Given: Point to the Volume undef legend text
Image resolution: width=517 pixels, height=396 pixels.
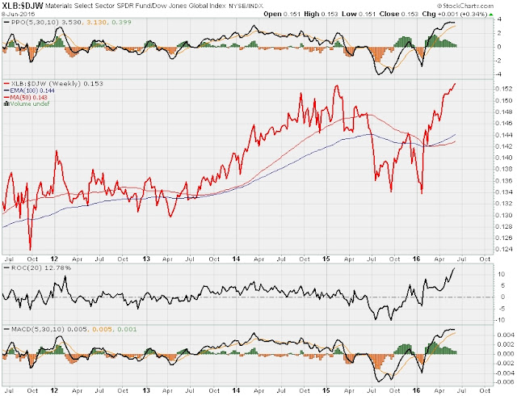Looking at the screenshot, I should coord(29,103).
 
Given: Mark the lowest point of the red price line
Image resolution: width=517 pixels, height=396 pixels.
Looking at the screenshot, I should coord(30,250).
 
